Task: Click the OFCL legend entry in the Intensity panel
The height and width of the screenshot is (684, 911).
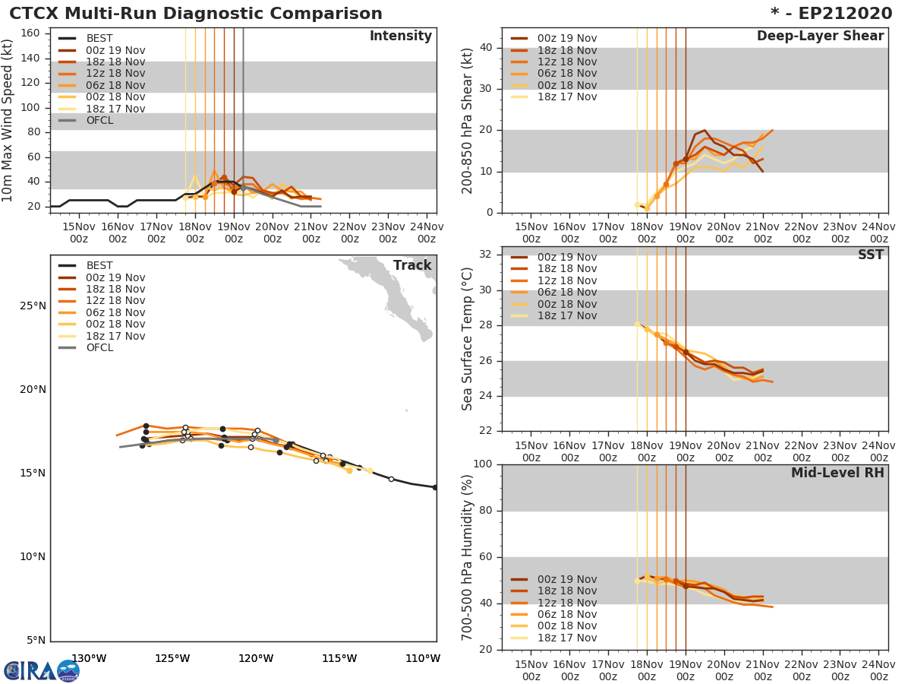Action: point(99,121)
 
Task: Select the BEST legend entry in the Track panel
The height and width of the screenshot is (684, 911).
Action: point(99,266)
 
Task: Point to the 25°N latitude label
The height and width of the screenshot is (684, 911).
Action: point(33,306)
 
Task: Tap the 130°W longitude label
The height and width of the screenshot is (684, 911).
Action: point(89,658)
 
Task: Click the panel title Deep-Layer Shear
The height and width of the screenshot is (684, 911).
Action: point(820,36)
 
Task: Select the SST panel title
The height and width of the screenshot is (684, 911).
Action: point(870,255)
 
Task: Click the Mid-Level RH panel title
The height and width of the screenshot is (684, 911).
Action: point(837,473)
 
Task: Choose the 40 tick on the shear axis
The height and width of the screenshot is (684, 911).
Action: point(488,48)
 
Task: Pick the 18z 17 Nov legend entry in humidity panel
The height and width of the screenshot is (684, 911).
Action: point(566,638)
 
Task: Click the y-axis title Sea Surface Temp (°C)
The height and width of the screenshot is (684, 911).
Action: point(468,339)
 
